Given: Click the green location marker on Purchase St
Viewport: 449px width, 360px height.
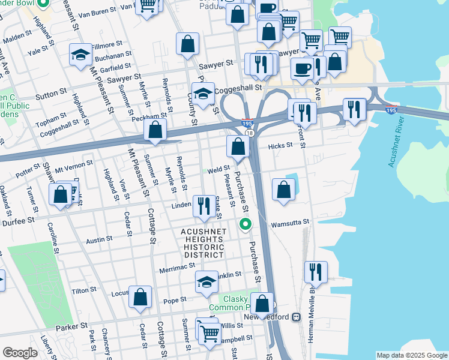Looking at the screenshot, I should (245, 225).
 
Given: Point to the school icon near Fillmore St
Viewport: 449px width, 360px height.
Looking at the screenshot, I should (80, 55).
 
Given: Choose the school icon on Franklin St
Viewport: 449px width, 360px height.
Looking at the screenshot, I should (206, 281).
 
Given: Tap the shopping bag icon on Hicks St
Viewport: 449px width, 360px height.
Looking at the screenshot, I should (238, 146).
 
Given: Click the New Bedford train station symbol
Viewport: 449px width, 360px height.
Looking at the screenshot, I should (296, 317).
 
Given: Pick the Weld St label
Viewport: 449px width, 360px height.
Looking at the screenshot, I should (219, 169).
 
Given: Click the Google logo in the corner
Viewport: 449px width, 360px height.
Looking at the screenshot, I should (20, 353).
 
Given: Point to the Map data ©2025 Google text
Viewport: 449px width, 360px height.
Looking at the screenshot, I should (411, 355).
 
